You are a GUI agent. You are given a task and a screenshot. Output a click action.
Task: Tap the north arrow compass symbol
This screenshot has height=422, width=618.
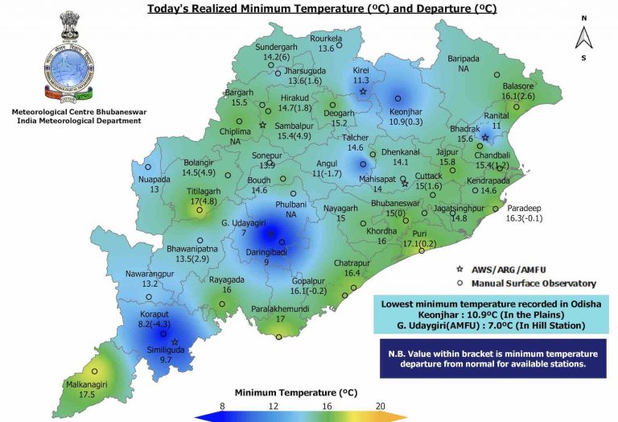coord(586,36)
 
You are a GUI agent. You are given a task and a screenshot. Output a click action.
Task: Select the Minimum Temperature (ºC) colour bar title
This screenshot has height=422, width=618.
coord(295,392)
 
